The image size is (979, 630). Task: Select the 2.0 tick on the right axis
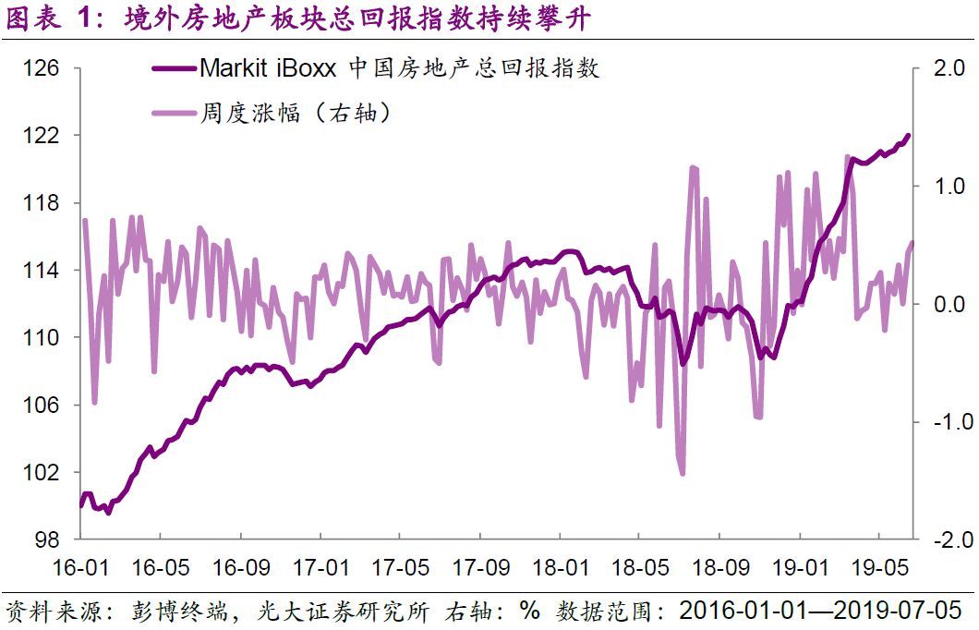tap(939, 68)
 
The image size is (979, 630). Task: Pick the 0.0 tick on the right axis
tap(939, 304)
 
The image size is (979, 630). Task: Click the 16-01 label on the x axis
tap(80, 566)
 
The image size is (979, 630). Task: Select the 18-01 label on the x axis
tap(564, 566)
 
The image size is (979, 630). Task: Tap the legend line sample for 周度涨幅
tap(173, 114)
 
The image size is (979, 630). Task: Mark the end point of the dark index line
tap(908, 136)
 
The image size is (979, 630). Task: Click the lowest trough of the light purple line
tap(683, 474)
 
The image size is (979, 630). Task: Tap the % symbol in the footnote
tap(529, 611)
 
